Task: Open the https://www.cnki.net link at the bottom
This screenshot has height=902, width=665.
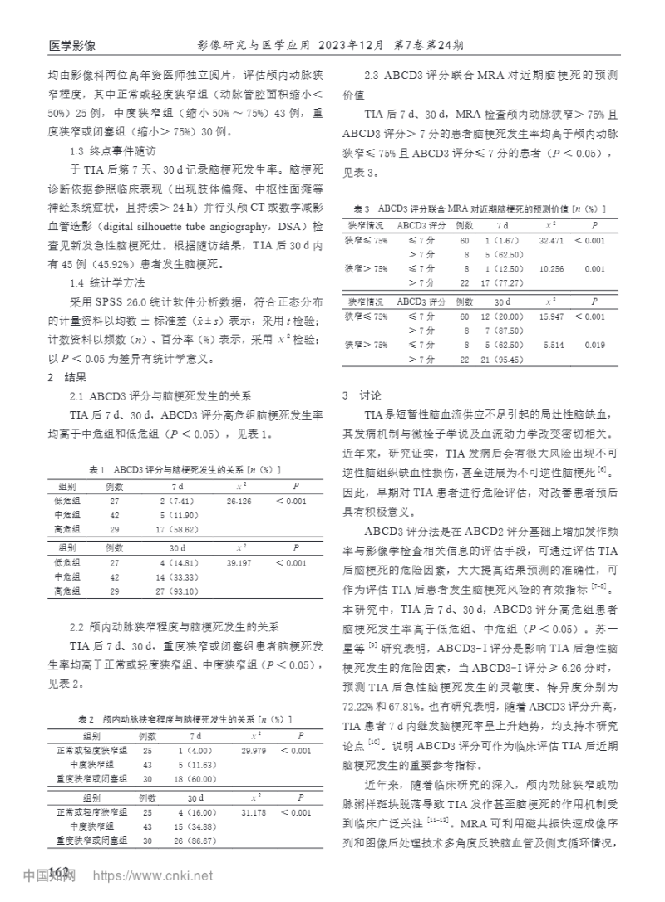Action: point(153,876)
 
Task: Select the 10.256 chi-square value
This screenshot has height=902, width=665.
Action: point(551,269)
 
